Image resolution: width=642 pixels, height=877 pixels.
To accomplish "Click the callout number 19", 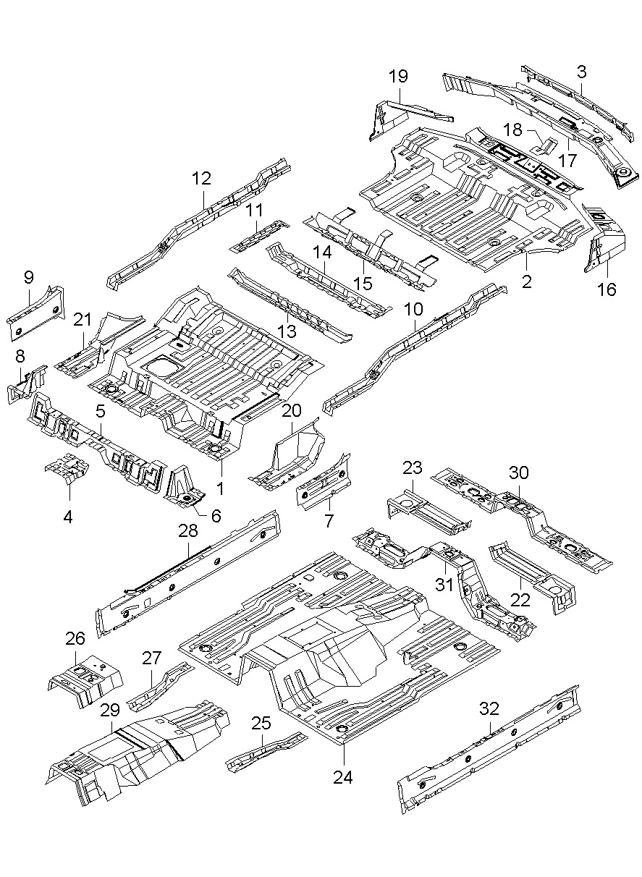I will coord(398,76).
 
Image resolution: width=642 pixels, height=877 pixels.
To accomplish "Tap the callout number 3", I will coord(582,71).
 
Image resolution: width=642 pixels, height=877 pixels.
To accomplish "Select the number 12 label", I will coord(201,177).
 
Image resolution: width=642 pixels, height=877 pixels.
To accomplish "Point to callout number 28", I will coord(188,531).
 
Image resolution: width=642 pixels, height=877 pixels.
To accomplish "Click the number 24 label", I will coord(342,777).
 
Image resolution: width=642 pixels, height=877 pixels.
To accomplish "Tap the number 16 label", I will coord(607,289).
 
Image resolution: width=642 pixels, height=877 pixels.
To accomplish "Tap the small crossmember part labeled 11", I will coord(258,236).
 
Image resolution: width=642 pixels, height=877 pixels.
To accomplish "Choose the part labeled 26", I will coord(85,679).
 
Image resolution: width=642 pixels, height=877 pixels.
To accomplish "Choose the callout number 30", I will coord(519,473).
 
